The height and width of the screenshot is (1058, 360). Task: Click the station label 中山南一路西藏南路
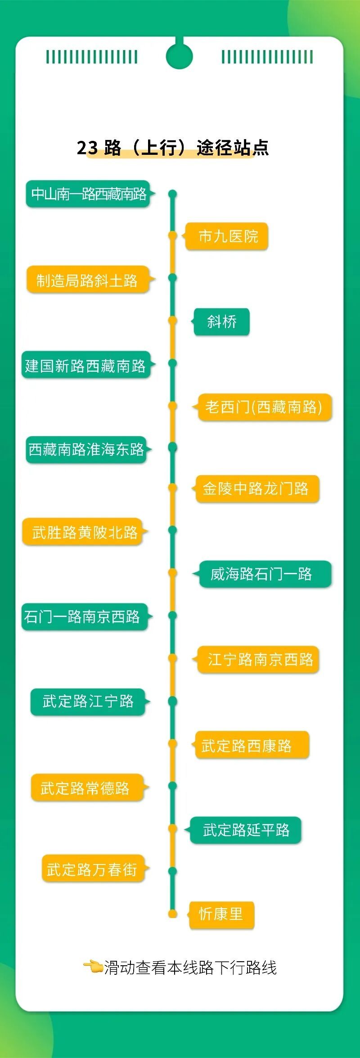tap(88, 194)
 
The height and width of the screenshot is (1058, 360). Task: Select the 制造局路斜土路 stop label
tap(87, 280)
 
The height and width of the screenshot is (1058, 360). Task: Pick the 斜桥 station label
tap(221, 322)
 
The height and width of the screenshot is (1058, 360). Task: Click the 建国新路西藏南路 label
tap(85, 365)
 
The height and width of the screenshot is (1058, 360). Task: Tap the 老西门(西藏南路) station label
tap(264, 407)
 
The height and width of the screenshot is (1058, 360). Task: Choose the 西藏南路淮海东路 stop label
tap(86, 449)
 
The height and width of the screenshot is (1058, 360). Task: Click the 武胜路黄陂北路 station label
tap(84, 532)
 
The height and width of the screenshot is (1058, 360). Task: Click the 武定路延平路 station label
tap(246, 830)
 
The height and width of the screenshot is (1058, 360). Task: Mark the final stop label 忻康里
tap(221, 914)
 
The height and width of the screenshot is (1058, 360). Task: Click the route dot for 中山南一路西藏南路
tap(172, 194)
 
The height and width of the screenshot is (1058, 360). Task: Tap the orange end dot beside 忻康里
tap(172, 914)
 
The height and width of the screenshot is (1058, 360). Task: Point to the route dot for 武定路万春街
tap(172, 871)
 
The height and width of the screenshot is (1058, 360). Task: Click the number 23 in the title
tap(87, 148)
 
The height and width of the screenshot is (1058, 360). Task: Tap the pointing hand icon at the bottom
tap(93, 965)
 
